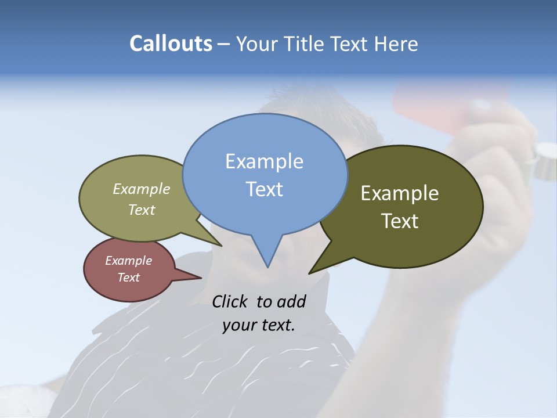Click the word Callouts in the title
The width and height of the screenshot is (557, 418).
click(171, 44)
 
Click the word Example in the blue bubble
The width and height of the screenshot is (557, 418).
click(264, 161)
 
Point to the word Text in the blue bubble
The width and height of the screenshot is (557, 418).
click(264, 189)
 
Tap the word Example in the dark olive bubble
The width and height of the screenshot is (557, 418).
click(400, 193)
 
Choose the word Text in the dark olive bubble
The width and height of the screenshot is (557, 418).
click(400, 221)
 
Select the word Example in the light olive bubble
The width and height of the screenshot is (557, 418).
click(142, 189)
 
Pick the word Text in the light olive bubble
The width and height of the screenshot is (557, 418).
click(142, 210)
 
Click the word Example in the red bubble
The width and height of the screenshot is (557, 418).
click(128, 261)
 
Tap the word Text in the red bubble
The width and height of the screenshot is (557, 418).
click(128, 278)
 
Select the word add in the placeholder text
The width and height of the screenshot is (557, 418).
click(291, 302)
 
